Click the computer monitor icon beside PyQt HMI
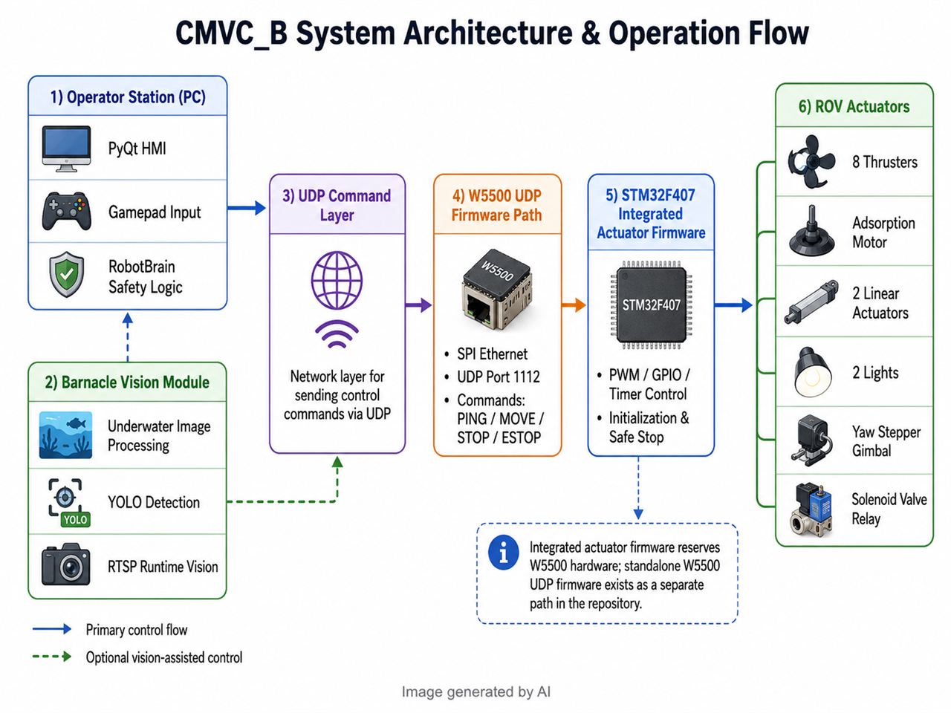coord(66,149)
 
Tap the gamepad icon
coord(66,211)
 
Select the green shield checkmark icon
coord(66,275)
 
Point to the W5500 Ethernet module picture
coord(497,288)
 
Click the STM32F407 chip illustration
coord(651,305)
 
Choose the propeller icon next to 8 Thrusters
coord(811,161)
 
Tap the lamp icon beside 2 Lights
coord(813,372)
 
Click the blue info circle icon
coord(504,553)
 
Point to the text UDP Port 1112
coord(499,377)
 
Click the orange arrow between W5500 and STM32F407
coord(574,305)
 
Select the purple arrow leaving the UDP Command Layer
coord(418,305)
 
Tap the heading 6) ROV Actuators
coord(854,106)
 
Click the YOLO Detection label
coord(154,502)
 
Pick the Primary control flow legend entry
coord(137,630)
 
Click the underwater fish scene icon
coord(65,434)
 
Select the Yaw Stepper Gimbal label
coord(886,441)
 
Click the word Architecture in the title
coord(488,33)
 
